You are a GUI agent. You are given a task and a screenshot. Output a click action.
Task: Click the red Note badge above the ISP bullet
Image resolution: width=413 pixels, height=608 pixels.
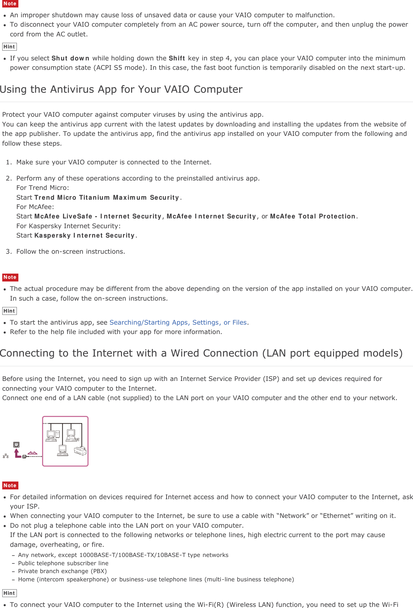(10, 485)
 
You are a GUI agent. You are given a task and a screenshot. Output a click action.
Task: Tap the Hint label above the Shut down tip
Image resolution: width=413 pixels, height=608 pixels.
(9, 47)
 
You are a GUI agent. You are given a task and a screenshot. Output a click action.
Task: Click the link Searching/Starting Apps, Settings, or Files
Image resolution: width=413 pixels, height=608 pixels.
(178, 322)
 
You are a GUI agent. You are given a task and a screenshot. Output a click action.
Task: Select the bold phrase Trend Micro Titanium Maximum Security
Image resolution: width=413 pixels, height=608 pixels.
(107, 197)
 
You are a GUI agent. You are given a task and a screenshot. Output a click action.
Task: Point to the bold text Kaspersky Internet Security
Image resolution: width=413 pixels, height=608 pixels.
(84, 235)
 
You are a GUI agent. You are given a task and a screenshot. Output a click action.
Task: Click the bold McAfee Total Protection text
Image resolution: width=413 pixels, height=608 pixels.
(312, 216)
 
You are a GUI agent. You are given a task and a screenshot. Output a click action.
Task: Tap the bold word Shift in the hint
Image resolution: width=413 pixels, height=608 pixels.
(177, 58)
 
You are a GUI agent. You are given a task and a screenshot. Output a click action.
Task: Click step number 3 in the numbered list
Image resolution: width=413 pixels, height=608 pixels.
(9, 251)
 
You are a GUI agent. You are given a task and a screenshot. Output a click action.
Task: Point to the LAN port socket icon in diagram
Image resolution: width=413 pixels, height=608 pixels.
(17, 445)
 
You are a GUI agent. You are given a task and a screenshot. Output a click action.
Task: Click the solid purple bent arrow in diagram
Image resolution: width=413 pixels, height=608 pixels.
(17, 454)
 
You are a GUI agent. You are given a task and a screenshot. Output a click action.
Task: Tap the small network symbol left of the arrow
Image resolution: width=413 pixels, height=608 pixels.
(6, 456)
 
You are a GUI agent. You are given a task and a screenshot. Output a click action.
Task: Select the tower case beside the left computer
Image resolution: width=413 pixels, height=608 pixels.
(57, 435)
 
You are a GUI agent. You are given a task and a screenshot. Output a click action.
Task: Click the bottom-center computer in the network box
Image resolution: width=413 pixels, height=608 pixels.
(63, 450)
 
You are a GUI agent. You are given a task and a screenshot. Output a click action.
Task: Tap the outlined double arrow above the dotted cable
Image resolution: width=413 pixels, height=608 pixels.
(33, 453)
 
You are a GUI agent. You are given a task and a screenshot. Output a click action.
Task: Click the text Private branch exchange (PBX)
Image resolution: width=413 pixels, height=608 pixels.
(62, 571)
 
